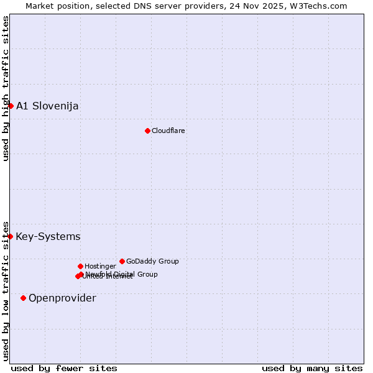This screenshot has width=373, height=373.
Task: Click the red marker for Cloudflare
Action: (x=147, y=131)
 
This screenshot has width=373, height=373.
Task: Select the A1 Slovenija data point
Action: (x=11, y=106)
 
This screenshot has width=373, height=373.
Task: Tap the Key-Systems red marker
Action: (x=10, y=236)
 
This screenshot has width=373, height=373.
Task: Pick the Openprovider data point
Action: (x=23, y=298)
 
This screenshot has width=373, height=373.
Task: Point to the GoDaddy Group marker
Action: (x=122, y=261)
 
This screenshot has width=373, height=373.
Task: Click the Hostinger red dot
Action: (x=80, y=266)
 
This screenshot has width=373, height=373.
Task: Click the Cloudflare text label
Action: (x=168, y=131)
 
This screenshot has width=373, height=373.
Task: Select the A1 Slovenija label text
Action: (x=47, y=106)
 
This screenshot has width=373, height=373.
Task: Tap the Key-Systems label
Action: (x=48, y=236)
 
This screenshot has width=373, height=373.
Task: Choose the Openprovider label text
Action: (x=62, y=298)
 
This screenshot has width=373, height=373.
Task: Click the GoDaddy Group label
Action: (x=152, y=261)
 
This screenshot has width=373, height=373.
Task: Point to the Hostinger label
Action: (x=100, y=266)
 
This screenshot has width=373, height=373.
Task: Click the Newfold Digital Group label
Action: (x=122, y=274)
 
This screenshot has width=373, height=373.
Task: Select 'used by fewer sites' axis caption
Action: (x=64, y=368)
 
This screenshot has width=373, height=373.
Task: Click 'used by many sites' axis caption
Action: (x=312, y=368)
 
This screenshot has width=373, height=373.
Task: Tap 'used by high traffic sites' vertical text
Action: (x=6, y=88)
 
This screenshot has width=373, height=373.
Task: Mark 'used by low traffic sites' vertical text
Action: (x=6, y=291)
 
